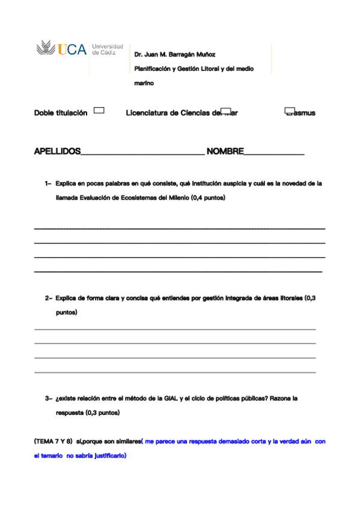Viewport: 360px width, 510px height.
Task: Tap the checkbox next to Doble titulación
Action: [99, 111]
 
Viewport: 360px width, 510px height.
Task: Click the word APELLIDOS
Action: [57, 151]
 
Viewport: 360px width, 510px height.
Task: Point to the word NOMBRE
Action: [224, 151]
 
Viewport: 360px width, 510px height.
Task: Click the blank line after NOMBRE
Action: [273, 154]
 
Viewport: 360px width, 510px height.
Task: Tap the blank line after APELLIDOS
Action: [142, 154]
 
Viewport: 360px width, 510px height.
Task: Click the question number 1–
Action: [48, 183]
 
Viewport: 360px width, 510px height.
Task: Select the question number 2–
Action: [48, 298]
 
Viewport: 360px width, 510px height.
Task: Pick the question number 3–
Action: [48, 398]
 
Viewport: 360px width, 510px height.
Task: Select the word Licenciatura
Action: [147, 112]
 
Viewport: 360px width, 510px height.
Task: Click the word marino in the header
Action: [144, 84]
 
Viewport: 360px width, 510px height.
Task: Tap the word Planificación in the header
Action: [153, 69]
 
